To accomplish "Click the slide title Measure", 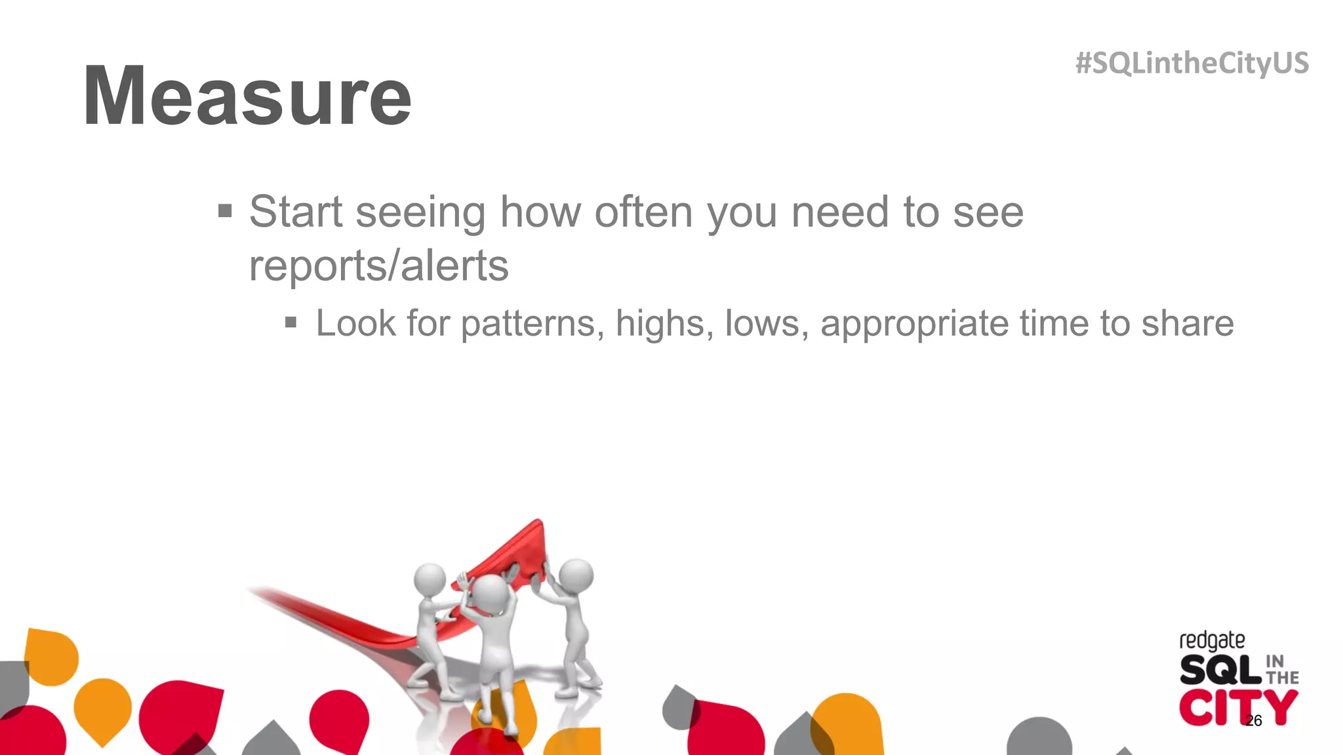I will coord(247,96).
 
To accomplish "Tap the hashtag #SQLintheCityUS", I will coord(1192,64).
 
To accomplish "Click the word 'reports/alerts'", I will coord(378,266).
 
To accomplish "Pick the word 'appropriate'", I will coord(913,324).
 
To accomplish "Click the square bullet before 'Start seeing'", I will coord(225,211).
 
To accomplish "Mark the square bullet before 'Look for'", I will coord(291,322).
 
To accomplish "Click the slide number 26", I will coord(1253,721).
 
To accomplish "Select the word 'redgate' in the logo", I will coord(1211,640).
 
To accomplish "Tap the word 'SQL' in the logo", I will coord(1220,670).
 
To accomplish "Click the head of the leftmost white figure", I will coord(430,579).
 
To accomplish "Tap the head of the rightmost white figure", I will coord(576,575).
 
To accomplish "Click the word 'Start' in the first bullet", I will coord(296,212).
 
